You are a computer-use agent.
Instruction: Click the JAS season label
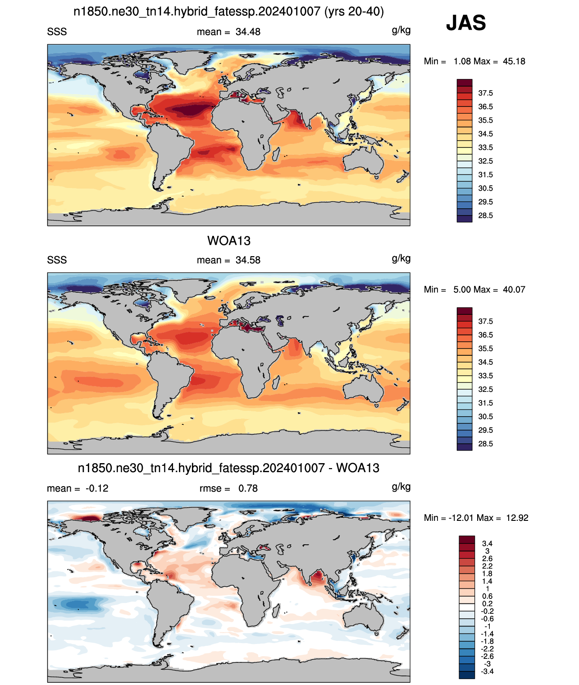tap(465, 23)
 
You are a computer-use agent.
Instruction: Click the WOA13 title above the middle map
tap(229, 241)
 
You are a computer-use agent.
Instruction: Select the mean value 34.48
tap(248, 32)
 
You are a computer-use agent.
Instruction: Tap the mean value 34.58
tap(248, 260)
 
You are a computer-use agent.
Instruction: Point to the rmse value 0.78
tap(248, 488)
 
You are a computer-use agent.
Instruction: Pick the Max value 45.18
tap(514, 61)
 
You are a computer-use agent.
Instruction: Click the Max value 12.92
tap(517, 518)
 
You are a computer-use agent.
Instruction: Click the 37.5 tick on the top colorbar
tap(485, 93)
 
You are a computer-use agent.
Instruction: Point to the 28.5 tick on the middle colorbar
tap(485, 444)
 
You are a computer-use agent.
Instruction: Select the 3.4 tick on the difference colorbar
tap(487, 543)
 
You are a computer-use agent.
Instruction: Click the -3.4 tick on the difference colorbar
tap(487, 672)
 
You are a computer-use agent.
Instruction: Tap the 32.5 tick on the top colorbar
tap(485, 161)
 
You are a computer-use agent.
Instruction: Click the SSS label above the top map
tap(57, 32)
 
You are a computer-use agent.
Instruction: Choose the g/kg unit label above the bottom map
tap(401, 487)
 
